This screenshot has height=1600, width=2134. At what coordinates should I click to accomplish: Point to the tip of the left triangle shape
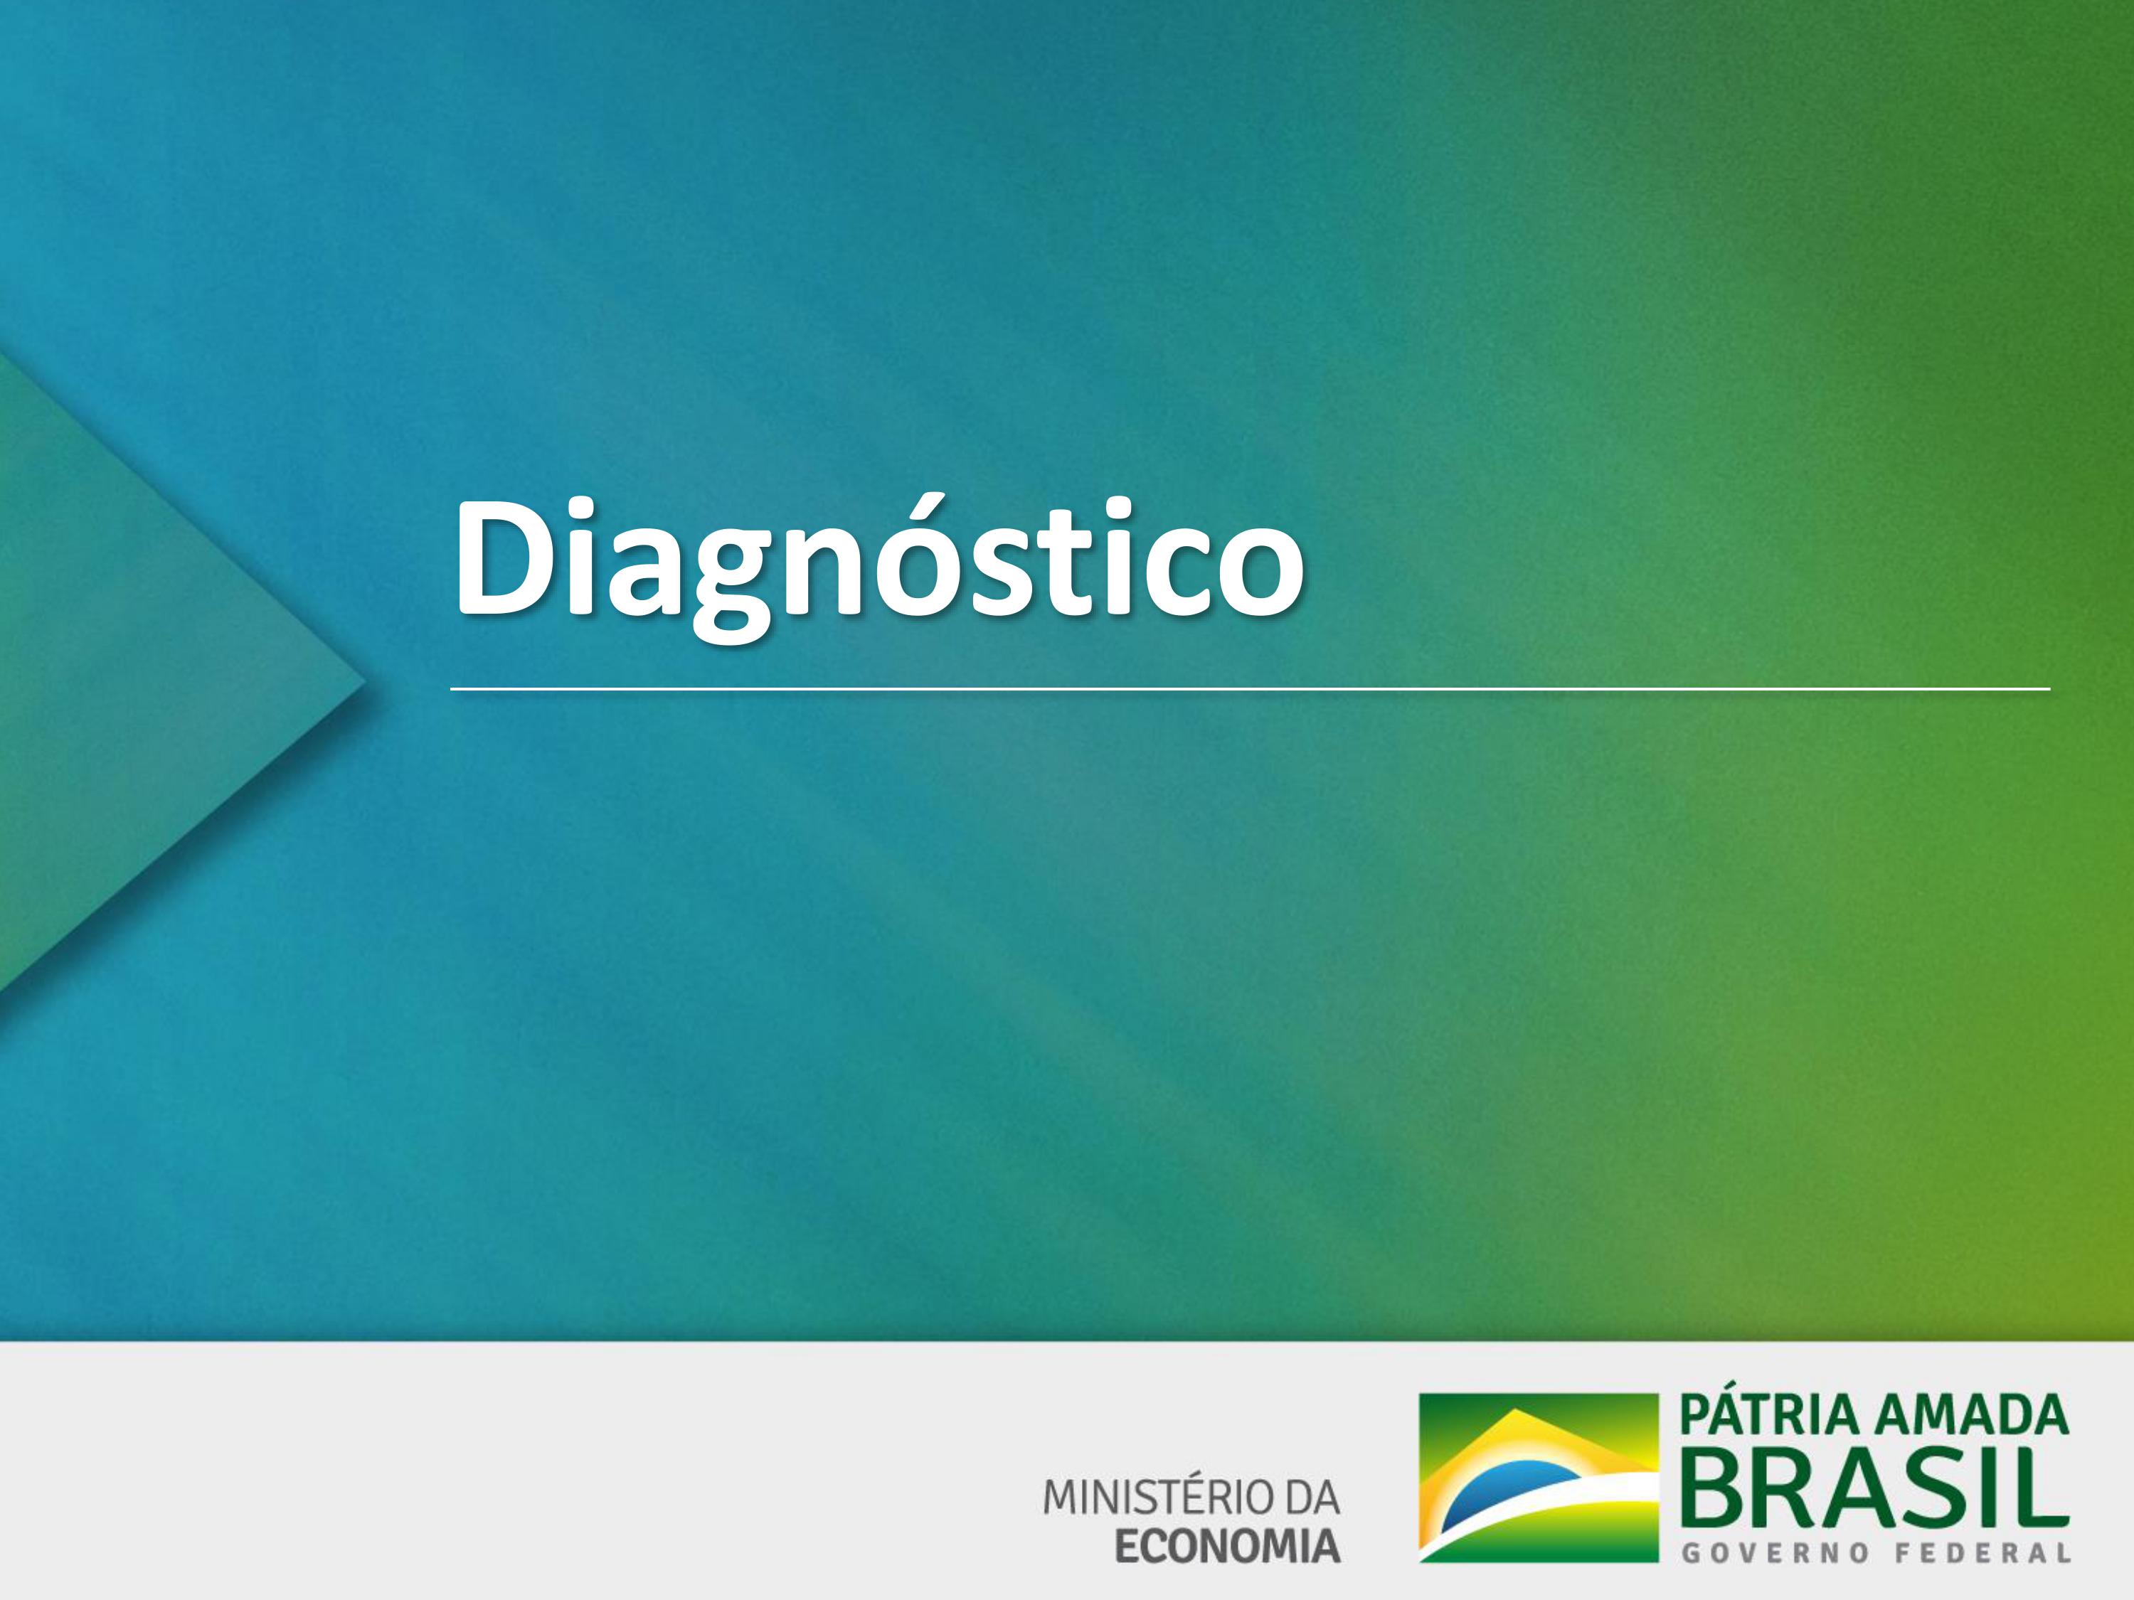pyautogui.click(x=366, y=687)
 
